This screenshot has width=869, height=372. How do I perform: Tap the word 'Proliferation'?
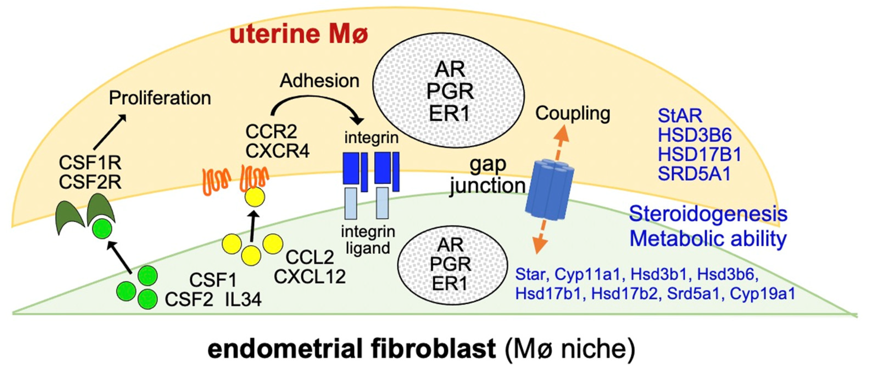[160, 98]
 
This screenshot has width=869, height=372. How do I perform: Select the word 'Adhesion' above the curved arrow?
[319, 81]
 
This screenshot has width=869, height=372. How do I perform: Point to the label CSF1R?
[90, 163]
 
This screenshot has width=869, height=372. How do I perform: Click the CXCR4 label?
[277, 151]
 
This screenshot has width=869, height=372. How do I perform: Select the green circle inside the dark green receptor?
[102, 228]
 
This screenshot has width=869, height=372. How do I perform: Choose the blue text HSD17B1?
[700, 155]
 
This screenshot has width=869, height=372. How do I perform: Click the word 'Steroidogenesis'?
[708, 214]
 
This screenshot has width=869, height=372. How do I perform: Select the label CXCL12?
[310, 277]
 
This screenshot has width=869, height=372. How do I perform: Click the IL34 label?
[243, 300]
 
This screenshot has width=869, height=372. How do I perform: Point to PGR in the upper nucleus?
[450, 92]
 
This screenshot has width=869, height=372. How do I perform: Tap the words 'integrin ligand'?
[368, 240]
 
